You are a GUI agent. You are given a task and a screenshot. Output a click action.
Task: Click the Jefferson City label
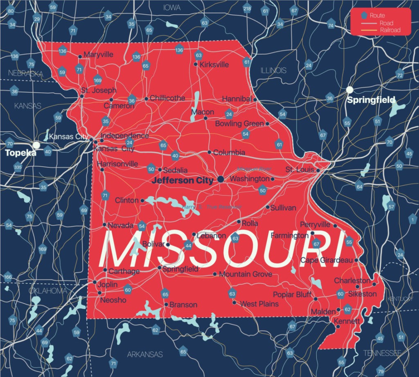(x=182, y=180)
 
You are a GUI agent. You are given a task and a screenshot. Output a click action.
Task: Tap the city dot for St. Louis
(x=318, y=170)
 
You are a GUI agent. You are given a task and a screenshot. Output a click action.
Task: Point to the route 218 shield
(x=247, y=9)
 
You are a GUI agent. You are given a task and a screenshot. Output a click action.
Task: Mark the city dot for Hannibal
(x=255, y=99)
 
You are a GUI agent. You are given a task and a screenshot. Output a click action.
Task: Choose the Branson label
(x=183, y=305)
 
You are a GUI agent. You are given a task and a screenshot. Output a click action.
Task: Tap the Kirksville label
(x=214, y=65)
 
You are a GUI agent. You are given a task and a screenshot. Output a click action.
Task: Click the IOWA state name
(x=172, y=7)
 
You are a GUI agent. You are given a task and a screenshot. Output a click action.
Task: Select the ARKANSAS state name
(x=145, y=354)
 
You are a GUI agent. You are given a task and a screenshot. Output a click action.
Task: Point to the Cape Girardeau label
(x=327, y=260)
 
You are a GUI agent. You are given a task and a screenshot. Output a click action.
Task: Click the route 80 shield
(x=11, y=11)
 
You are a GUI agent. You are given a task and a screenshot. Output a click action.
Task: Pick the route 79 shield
(x=381, y=371)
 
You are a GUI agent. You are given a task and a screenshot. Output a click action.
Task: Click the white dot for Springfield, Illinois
(x=349, y=89)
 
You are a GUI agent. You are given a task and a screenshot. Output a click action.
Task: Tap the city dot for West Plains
(x=234, y=303)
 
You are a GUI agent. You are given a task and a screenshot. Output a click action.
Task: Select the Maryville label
(x=98, y=54)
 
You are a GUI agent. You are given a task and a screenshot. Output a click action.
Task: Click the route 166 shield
(x=8, y=277)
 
